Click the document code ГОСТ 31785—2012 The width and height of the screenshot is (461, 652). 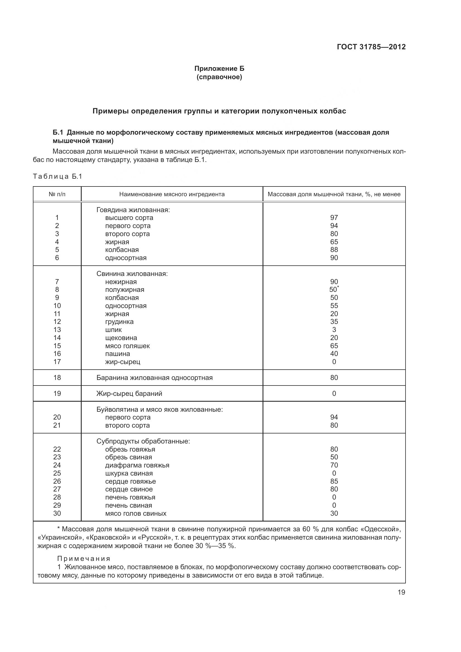coord(371,47)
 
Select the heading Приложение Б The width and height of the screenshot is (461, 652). coord(219,69)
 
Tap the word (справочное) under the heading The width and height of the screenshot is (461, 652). coord(219,77)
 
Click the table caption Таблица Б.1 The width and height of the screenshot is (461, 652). coord(58,176)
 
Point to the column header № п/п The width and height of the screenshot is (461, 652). coord(57,194)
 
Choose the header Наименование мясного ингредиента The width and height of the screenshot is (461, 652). coord(172,194)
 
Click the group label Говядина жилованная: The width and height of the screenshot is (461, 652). coord(133,210)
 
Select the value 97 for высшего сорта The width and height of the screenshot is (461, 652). coord(334,217)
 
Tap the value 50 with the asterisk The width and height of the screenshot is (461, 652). coord(333,290)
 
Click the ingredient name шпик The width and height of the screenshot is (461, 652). coord(113,330)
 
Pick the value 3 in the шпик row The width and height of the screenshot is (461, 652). coord(334,330)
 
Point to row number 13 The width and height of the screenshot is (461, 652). coord(57,330)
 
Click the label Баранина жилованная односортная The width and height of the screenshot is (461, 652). coord(154,378)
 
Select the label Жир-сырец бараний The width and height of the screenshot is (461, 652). coord(129,394)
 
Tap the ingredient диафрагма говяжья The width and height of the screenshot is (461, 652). coord(137,465)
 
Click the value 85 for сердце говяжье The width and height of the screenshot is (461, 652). coord(334,481)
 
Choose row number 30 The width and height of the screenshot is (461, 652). coord(57,513)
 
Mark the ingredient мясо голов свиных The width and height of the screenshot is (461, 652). coord(136,513)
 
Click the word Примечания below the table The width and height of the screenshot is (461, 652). coord(84,559)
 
